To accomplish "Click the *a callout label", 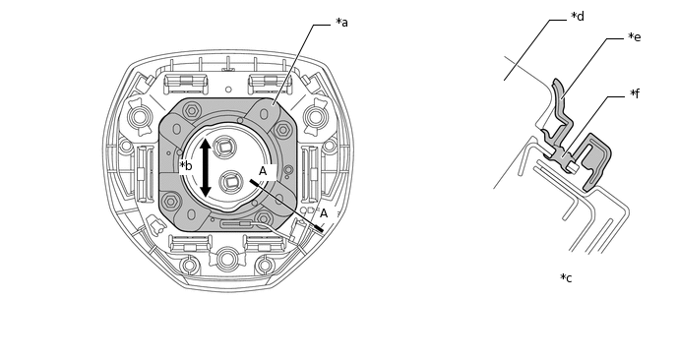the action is pyautogui.click(x=342, y=22).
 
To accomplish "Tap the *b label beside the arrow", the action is pyautogui.click(x=186, y=166).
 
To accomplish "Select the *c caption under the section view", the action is pyautogui.click(x=566, y=277).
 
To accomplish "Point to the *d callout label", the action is pyautogui.click(x=578, y=17).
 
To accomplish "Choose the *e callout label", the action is pyautogui.click(x=635, y=37).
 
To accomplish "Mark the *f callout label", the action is pyautogui.click(x=635, y=93).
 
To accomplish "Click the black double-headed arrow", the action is pyautogui.click(x=206, y=167).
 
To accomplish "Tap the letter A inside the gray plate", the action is pyautogui.click(x=263, y=171).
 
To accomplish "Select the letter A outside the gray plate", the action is pyautogui.click(x=324, y=213).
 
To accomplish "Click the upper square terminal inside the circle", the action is pyautogui.click(x=225, y=148).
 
